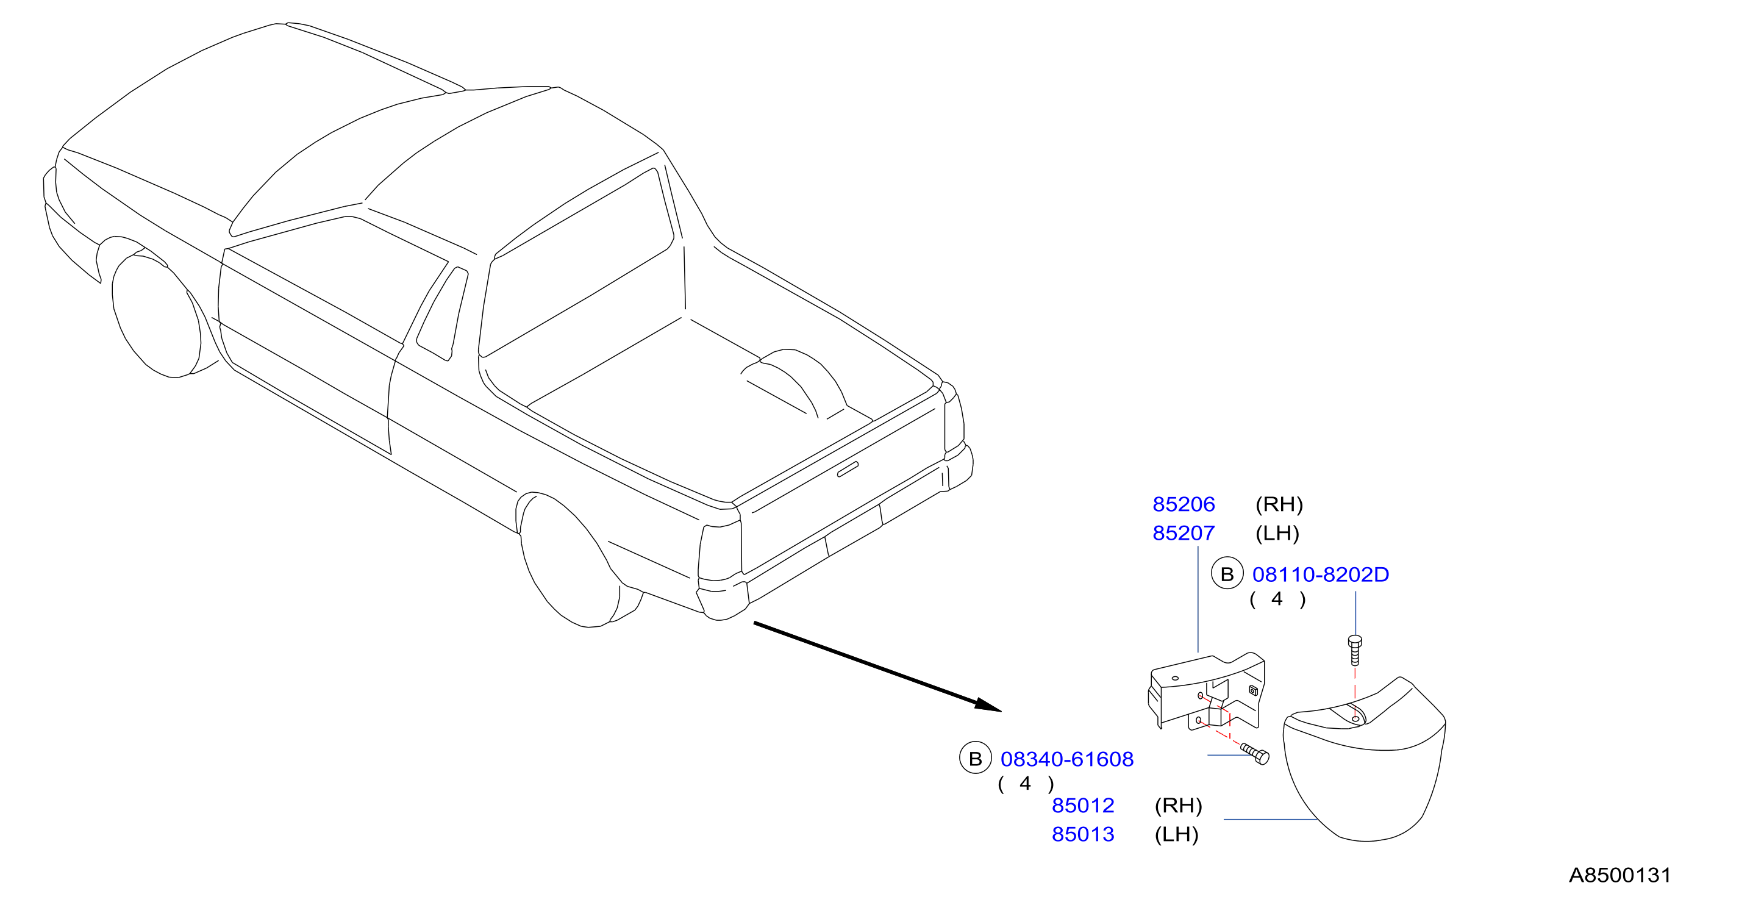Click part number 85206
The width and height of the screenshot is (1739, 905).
[1184, 504]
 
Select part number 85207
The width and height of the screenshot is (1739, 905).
[1184, 534]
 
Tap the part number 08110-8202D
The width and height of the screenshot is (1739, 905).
[1321, 574]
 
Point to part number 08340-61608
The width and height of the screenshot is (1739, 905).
[1066, 759]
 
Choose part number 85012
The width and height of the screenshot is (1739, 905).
[1083, 806]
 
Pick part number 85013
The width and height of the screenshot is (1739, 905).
[1083, 835]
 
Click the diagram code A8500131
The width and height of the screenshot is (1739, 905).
[1619, 875]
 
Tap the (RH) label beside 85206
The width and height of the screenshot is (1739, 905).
[1279, 504]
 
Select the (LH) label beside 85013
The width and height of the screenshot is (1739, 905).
[1176, 835]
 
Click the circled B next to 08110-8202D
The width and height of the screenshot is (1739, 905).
[1227, 573]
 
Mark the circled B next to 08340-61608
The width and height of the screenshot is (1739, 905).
[976, 758]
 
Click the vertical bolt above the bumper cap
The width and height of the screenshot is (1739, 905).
[1354, 649]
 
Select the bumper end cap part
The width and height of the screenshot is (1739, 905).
[1363, 763]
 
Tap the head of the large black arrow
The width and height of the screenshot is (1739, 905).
[989, 706]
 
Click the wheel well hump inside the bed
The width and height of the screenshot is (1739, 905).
[794, 382]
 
